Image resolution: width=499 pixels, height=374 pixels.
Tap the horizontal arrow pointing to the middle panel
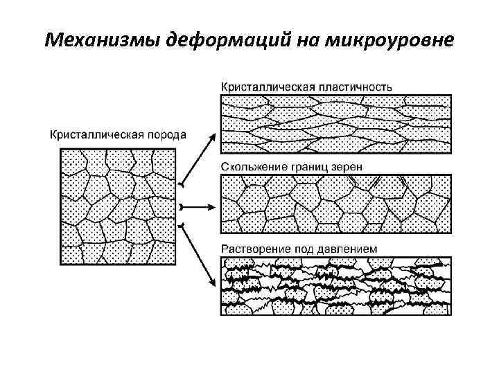198,207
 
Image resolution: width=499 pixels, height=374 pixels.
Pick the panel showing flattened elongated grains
335,124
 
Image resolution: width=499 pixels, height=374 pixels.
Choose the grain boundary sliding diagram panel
335,204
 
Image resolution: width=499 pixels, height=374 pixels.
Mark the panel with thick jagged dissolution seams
335,285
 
